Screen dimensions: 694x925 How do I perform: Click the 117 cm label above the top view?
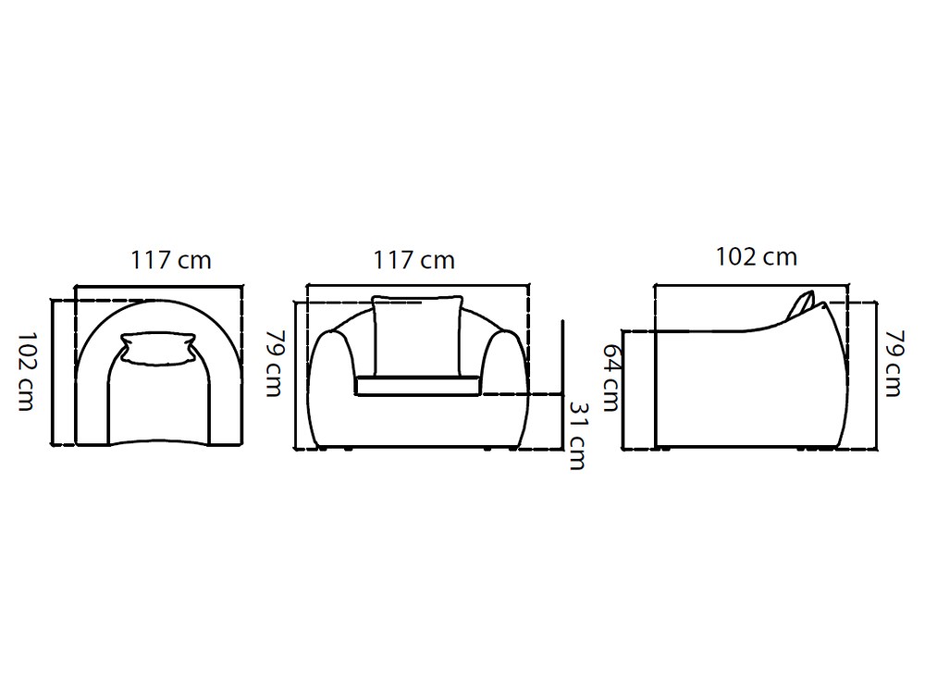click(x=171, y=260)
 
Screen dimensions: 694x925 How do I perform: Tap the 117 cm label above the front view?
click(x=414, y=260)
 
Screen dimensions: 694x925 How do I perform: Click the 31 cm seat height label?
click(x=577, y=436)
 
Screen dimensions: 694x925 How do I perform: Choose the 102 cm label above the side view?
click(x=756, y=256)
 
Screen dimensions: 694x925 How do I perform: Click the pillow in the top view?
click(x=157, y=349)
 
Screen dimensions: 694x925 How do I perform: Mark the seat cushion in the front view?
click(x=415, y=385)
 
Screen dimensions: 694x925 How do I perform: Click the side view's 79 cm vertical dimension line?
click(x=875, y=375)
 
